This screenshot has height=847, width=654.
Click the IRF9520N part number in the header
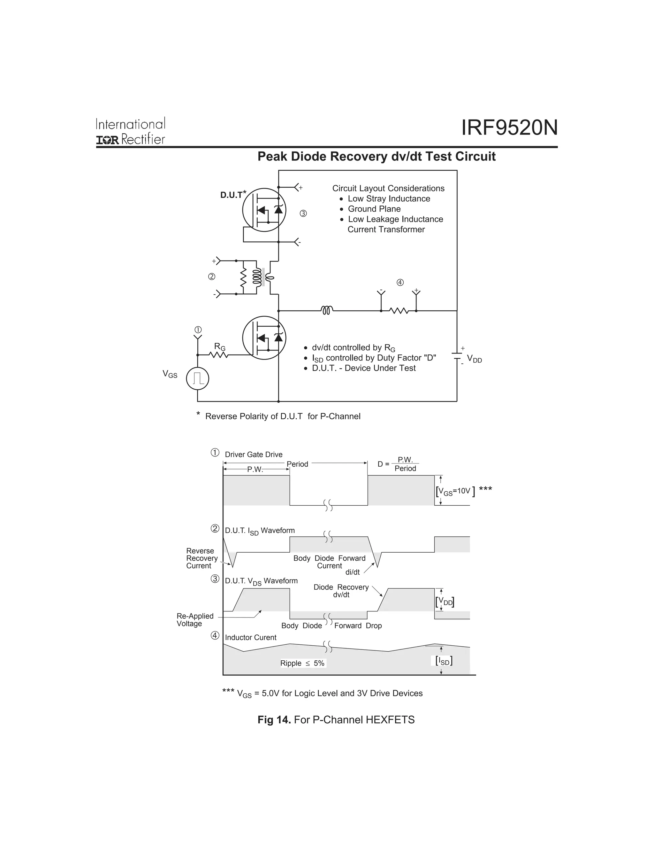tap(509, 128)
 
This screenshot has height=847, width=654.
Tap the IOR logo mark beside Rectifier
tap(107, 140)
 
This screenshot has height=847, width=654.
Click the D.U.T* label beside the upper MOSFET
tap(233, 195)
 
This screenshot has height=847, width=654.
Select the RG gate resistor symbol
tap(219, 354)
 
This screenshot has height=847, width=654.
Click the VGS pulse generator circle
tap(198, 378)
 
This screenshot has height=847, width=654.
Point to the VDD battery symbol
tap(457, 356)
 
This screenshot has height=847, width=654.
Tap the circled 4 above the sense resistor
tap(400, 282)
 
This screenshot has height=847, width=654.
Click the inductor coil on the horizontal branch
tap(327, 310)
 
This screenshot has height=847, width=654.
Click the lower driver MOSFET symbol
tap(264, 338)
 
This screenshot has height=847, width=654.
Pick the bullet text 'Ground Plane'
tap(374, 209)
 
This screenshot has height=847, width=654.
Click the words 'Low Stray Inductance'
tap(389, 198)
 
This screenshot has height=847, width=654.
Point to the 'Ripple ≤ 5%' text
tap(302, 663)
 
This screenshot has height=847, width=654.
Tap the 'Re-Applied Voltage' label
tap(194, 620)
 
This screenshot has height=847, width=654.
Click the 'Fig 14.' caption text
tap(274, 720)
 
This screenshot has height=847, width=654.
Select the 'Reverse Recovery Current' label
tap(202, 558)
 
